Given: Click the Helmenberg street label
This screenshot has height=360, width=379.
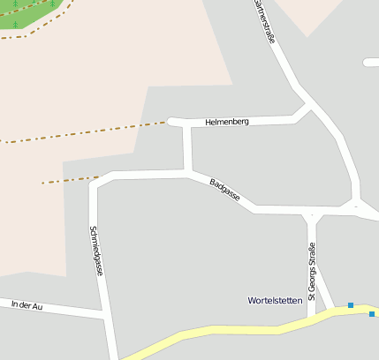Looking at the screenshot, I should coord(227,121).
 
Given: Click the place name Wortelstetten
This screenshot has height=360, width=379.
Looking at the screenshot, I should coord(275,300).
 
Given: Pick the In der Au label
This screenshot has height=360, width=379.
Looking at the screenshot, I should coord(27,304).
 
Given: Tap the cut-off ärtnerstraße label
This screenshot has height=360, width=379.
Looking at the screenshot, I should coord(263,19).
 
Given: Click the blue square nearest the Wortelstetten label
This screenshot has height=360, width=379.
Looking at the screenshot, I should coord(351,305).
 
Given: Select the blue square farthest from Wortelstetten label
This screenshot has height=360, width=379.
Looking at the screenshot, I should coord(372,314).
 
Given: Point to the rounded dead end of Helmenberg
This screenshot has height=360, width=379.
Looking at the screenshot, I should coord(172,121).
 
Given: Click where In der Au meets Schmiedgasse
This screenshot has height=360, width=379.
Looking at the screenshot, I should coord(105,313).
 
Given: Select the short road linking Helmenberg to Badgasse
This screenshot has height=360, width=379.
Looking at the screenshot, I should coord(187,148).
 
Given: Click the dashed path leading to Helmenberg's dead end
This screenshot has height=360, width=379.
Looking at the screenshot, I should coord(88,132).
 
